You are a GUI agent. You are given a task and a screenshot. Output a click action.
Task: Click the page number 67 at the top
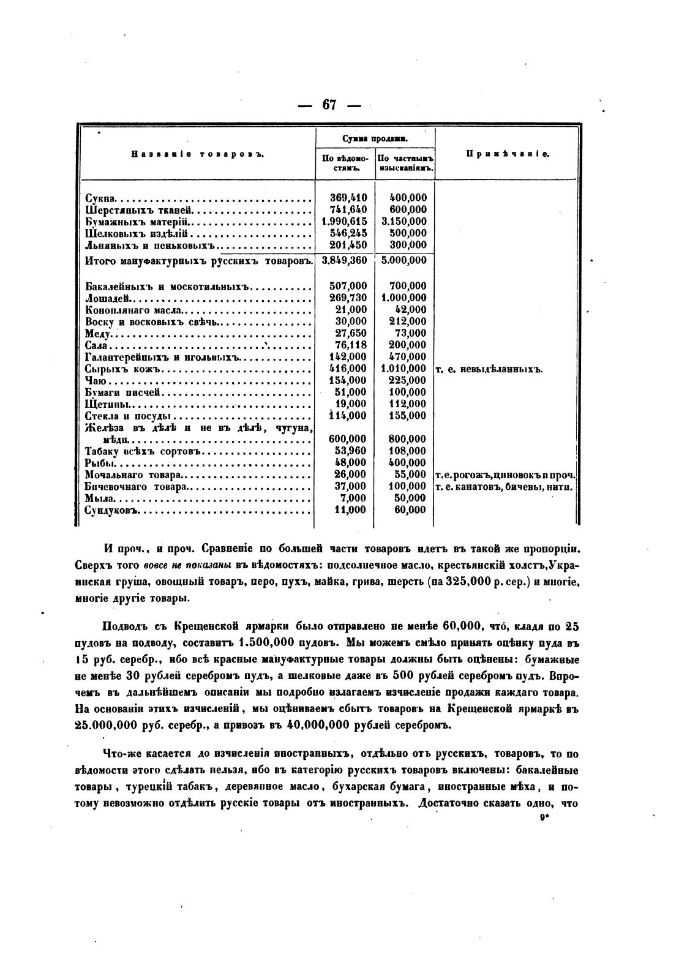[329, 105]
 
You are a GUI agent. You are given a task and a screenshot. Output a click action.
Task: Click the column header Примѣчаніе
[508, 154]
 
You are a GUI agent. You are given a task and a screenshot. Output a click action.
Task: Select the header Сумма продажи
[375, 140]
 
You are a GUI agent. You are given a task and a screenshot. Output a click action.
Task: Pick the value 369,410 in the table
[348, 198]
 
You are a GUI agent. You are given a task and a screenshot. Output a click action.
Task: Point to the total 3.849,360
[344, 260]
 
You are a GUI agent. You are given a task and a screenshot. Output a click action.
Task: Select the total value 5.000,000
[404, 260]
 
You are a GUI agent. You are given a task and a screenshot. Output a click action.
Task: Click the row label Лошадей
[108, 298]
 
